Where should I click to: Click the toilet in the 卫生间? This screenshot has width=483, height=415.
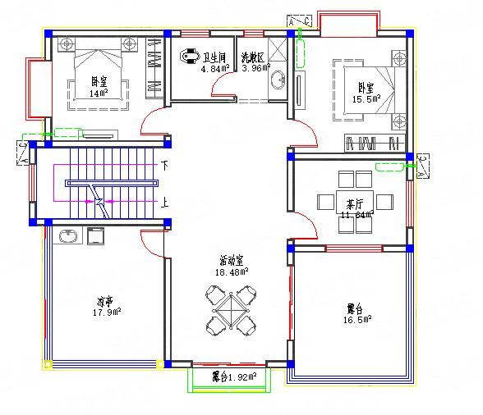coord(191,57)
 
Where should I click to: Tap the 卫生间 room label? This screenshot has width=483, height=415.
coord(215,57)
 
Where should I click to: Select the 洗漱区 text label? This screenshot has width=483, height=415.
coord(251,58)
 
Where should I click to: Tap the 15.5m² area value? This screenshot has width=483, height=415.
coord(366,99)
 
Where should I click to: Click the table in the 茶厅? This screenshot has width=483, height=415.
coord(355,201)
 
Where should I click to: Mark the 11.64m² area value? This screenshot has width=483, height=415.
coord(356,215)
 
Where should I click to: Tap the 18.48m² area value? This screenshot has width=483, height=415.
coord(232,271)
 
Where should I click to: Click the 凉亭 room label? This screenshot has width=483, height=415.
coord(104,301)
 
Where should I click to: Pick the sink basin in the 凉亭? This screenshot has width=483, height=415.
coord(67,236)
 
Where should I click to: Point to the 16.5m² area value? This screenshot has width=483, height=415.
coord(356,318)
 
